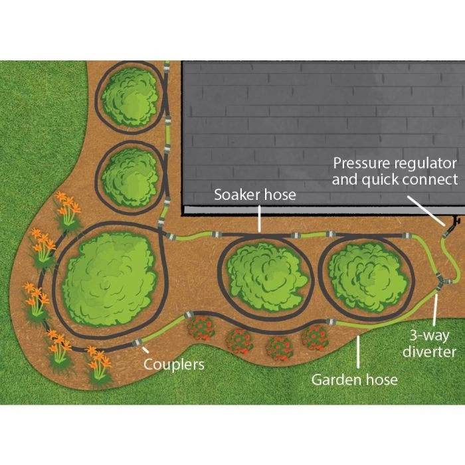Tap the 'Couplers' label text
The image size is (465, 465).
[175, 364]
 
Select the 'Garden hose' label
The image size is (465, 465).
[355, 379]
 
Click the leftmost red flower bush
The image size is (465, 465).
[200, 329]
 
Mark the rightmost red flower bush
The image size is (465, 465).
[313, 336]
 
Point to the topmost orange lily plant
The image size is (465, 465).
[68, 207]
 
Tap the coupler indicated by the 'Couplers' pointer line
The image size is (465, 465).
[138, 343]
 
